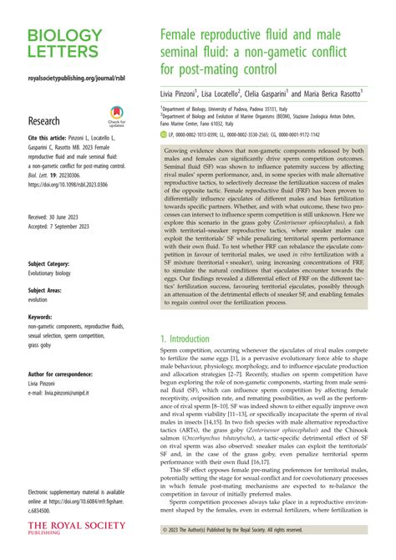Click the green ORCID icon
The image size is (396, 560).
point(165,134)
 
